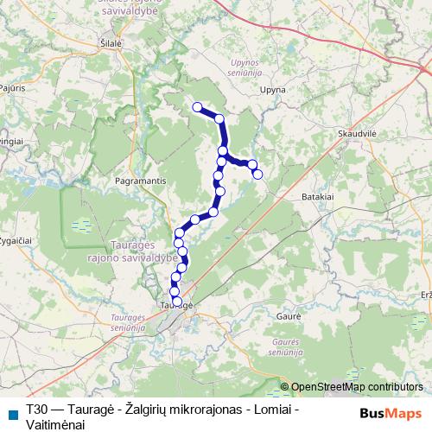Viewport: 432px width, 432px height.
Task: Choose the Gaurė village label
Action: tap(287, 318)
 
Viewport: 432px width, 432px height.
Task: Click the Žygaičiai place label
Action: tap(15, 238)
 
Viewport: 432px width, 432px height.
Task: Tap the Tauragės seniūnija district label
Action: tap(134, 324)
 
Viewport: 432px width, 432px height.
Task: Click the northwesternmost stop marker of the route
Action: tap(197, 107)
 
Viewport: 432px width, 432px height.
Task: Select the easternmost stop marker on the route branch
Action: tap(257, 175)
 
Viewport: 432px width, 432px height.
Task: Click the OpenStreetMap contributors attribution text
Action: tap(356, 387)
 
